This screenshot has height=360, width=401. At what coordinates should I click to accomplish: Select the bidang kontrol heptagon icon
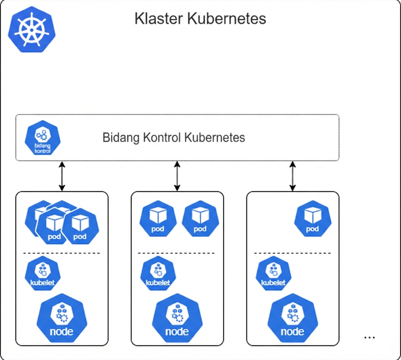pos(42,138)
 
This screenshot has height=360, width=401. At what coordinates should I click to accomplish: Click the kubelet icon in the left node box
pos(42,273)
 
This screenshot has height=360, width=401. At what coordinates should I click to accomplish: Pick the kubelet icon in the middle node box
pos(158,273)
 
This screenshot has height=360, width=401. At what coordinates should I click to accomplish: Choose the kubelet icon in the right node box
pos(273,273)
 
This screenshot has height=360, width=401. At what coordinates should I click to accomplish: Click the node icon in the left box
pos(62,319)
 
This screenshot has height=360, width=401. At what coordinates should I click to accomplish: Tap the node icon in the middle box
pos(177,319)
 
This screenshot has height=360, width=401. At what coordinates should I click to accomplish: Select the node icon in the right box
pos(292,319)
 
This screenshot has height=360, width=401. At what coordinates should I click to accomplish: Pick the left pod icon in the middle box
pos(158,219)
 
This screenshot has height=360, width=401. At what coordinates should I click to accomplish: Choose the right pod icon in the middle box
pos(200,219)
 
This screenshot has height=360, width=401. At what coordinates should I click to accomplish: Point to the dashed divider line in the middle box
pos(177,253)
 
